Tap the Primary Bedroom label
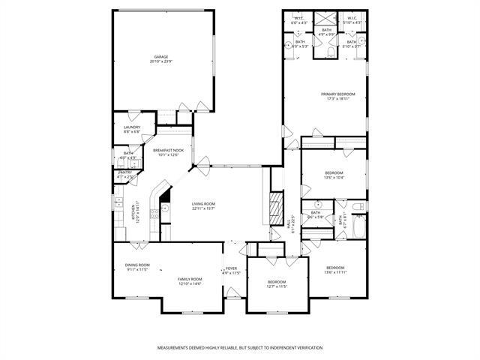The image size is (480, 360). [337, 94]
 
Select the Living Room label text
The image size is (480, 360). [203, 204]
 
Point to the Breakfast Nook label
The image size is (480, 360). [166, 150]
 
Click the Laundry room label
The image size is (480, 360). [132, 127]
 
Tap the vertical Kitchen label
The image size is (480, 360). [136, 208]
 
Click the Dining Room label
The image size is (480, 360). [137, 265]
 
